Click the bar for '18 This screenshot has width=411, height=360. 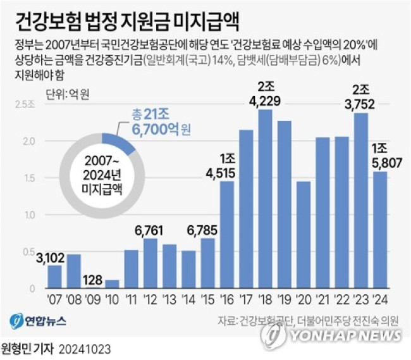(x=266, y=199)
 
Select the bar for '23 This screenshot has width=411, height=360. (x=361, y=201)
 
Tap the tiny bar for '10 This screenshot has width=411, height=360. (x=112, y=284)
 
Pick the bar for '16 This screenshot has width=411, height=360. (x=227, y=235)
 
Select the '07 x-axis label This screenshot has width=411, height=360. (x=55, y=300)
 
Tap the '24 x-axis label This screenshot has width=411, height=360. (x=380, y=300)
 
